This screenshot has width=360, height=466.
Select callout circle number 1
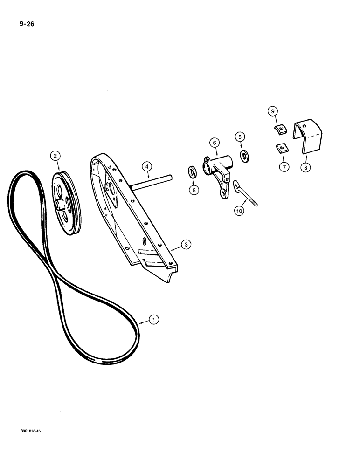click(x=154, y=320)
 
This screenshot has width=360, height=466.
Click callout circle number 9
click(x=273, y=111)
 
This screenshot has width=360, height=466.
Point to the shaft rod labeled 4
click(x=152, y=182)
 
